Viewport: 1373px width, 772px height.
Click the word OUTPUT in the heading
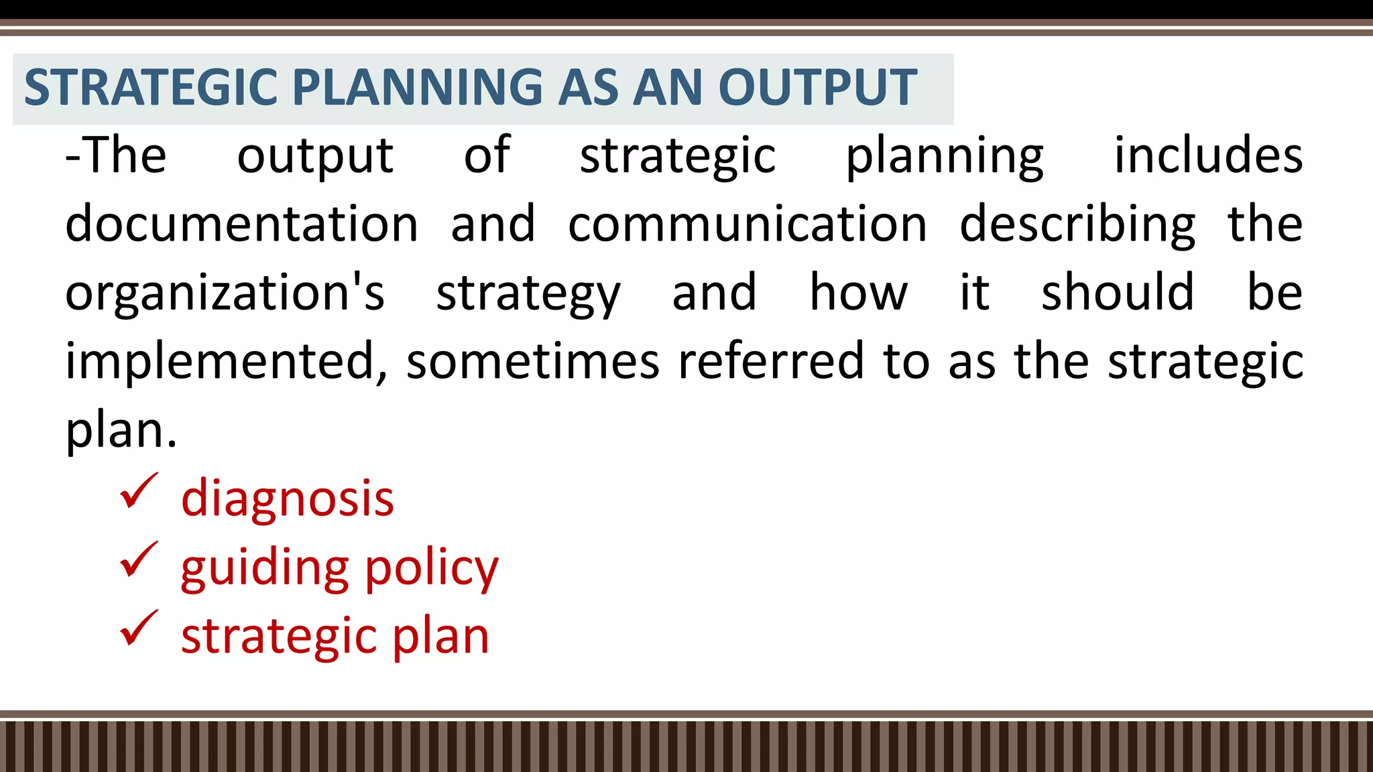tap(817, 88)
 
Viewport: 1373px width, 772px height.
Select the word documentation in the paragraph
tap(242, 224)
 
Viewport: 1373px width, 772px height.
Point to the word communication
tap(748, 224)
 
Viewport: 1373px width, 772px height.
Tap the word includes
tap(1208, 155)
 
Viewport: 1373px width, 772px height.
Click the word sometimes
tap(533, 361)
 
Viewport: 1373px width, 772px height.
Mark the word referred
tap(771, 361)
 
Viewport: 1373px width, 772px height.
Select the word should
tap(1118, 292)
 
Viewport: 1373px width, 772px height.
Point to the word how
tap(858, 292)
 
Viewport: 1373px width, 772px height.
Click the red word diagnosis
tap(288, 499)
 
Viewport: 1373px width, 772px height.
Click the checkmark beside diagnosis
tap(139, 493)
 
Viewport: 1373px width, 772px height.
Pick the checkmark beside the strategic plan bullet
tap(139, 630)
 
